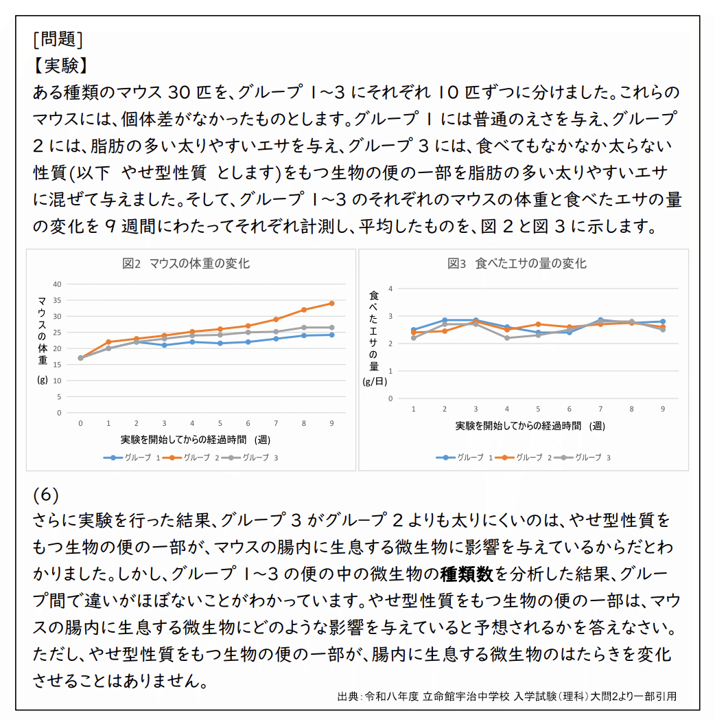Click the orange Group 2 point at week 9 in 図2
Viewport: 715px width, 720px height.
[x=331, y=303]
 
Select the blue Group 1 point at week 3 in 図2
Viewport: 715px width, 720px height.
[x=164, y=345]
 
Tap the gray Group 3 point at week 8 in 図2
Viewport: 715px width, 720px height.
[x=304, y=328]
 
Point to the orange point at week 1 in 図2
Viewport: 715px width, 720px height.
[x=108, y=341]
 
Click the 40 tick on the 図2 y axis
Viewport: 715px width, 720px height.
[x=58, y=284]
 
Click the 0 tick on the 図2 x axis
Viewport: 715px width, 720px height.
[x=80, y=423]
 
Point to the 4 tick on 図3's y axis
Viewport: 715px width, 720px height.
[x=390, y=289]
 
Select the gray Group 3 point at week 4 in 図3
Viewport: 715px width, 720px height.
[x=506, y=338]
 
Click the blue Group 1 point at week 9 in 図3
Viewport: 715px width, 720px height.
[x=663, y=322]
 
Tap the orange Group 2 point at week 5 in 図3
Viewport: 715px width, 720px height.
[x=538, y=324]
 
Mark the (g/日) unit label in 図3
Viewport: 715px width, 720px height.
[x=375, y=383]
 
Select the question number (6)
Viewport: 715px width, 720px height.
[x=46, y=495]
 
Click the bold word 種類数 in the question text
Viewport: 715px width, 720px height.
[x=467, y=573]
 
